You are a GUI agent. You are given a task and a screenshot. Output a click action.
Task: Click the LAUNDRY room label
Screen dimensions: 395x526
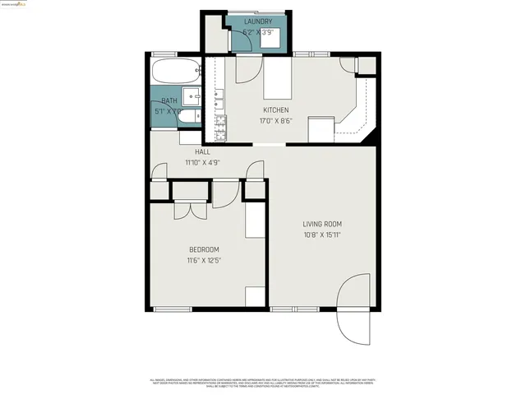pyautogui.click(x=257, y=21)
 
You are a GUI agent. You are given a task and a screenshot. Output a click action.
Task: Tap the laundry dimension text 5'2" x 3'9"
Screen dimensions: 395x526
pyautogui.click(x=257, y=32)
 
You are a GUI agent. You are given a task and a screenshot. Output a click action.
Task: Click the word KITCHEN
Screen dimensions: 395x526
pyautogui.click(x=276, y=110)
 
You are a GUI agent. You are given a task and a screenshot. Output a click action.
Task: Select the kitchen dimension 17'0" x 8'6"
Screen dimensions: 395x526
pyautogui.click(x=276, y=120)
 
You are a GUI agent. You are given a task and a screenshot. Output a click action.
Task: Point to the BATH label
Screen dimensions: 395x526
pyautogui.click(x=168, y=100)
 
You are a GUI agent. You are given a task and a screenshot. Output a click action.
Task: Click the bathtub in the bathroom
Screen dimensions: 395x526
pyautogui.click(x=175, y=71)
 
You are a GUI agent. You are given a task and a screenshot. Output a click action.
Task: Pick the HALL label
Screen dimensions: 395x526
pyautogui.click(x=202, y=152)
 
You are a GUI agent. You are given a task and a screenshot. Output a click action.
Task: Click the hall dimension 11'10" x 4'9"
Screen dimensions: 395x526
pyautogui.click(x=202, y=162)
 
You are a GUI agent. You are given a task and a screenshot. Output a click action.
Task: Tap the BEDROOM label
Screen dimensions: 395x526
pyautogui.click(x=204, y=250)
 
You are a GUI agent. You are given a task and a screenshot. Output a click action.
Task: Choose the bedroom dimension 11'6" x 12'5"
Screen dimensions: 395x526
pyautogui.click(x=204, y=260)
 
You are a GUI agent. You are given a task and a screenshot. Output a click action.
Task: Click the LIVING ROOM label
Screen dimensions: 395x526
pyautogui.click(x=321, y=224)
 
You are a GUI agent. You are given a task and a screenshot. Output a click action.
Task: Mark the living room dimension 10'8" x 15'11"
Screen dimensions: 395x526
pyautogui.click(x=321, y=234)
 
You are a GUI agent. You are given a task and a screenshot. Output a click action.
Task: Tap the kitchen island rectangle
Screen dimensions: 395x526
pyautogui.click(x=277, y=82)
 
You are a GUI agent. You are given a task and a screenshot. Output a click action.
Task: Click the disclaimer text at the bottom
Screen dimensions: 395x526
pyautogui.click(x=263, y=383)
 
